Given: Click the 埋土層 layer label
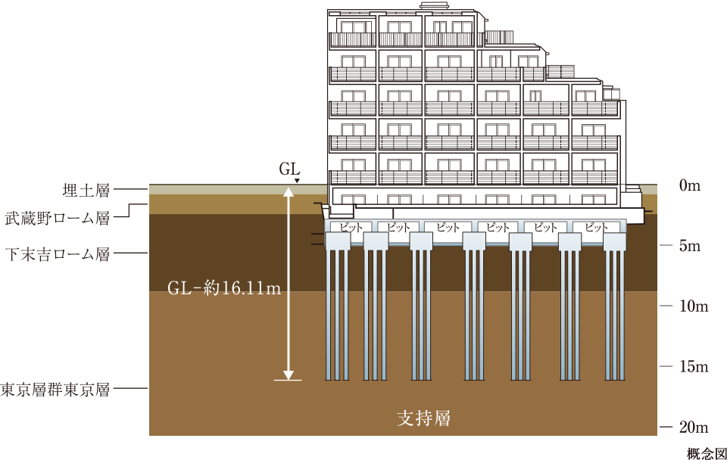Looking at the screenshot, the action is [86, 190].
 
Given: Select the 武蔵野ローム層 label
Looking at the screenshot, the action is [58, 218].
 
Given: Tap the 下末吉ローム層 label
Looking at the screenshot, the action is [58, 254].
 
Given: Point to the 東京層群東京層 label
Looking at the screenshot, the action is [55, 390].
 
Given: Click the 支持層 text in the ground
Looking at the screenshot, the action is [424, 418].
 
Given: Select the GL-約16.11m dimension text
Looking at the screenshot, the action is [224, 288].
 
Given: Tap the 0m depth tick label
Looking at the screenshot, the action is [690, 185].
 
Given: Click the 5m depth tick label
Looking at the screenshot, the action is [690, 246].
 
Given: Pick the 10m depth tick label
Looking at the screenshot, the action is [694, 306].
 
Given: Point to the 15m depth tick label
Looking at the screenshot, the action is [694, 366].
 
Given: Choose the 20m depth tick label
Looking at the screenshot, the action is [694, 427].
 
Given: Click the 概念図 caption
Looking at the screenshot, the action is [707, 453].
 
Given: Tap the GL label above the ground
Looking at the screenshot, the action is [289, 169].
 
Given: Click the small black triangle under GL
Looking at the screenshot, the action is [297, 181].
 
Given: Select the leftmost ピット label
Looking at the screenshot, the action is [351, 227].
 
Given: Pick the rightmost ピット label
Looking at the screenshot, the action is [596, 227].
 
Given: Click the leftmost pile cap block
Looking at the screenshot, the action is [338, 241].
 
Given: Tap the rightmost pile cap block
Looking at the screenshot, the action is [615, 241].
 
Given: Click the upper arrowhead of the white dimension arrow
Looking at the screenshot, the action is [289, 191].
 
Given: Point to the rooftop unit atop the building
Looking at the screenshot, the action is [434, 5].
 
